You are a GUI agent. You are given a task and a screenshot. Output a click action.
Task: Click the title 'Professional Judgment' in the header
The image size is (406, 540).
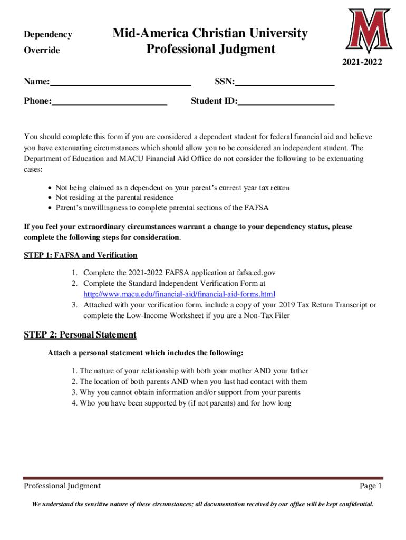(210, 50)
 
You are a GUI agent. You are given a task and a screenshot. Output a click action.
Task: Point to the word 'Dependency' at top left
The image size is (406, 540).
(48, 35)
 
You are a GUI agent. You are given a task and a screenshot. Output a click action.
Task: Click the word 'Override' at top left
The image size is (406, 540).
(42, 51)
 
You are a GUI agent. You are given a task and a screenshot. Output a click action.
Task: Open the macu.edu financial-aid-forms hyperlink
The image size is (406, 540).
(179, 294)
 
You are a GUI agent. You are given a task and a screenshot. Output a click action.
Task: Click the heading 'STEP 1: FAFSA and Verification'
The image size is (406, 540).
(81, 255)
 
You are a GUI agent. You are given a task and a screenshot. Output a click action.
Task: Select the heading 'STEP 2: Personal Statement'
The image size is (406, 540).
(80, 335)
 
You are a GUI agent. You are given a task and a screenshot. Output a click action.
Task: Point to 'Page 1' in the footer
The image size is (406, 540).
(370, 486)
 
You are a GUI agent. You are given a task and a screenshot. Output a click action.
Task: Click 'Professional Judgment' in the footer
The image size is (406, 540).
(62, 486)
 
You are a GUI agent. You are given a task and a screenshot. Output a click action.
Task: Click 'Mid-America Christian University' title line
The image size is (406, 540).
(210, 34)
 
